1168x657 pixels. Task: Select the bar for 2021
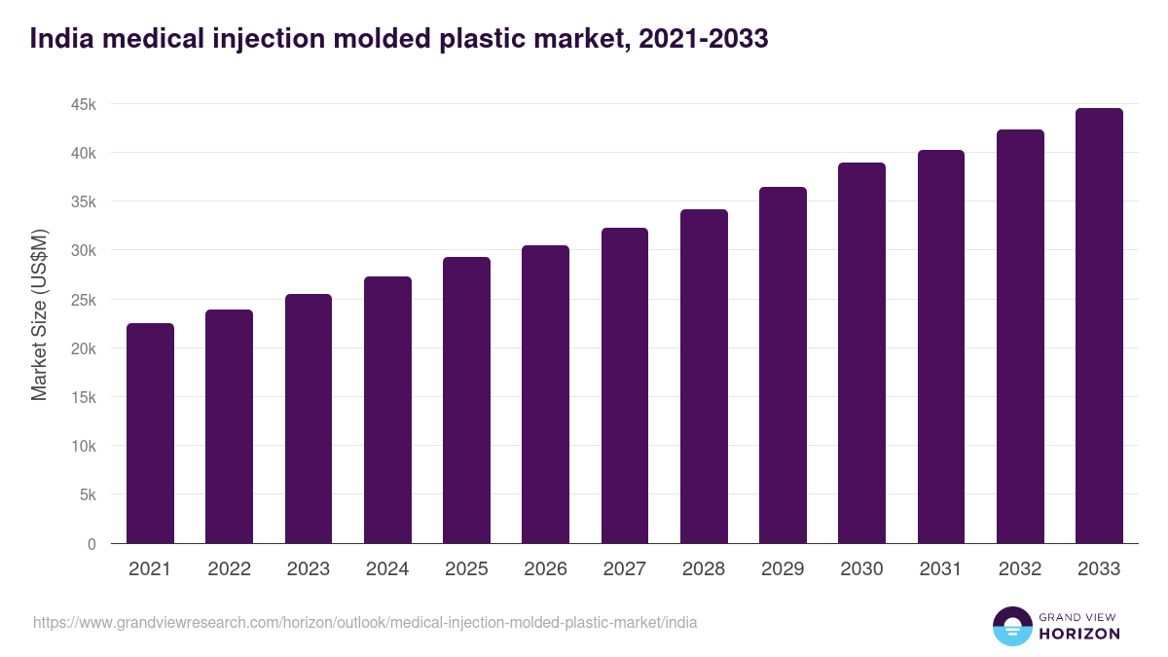point(150,433)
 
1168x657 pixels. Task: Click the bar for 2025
point(466,400)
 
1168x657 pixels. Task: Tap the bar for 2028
point(704,376)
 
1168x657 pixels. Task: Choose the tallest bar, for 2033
point(1099,325)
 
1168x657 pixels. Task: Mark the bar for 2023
point(309,419)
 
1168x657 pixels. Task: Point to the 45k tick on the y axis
point(83,104)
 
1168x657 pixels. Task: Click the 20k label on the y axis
point(83,348)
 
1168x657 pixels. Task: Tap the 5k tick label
point(88,494)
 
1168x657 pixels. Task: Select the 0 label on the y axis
point(91,544)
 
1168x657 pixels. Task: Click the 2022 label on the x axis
point(229,569)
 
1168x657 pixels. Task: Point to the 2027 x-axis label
point(625,569)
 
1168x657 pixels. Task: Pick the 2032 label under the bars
point(1020,569)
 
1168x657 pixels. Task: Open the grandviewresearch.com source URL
point(365,622)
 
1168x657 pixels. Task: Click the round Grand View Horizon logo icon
point(1011,626)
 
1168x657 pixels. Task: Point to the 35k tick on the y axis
point(83,201)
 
